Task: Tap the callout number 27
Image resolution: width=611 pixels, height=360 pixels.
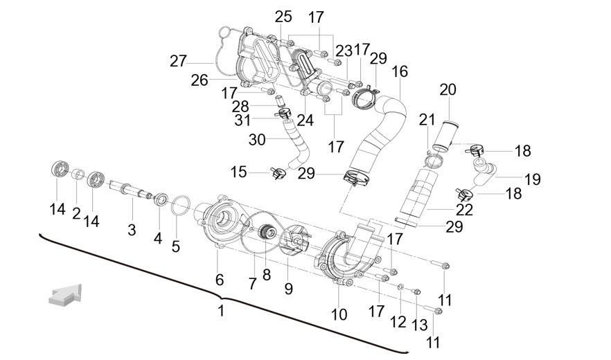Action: (x=178, y=61)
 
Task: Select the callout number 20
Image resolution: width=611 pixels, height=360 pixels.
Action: (x=448, y=89)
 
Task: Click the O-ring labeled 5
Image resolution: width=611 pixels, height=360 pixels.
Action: (x=180, y=204)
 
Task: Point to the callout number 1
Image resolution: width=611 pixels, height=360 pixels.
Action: (x=221, y=311)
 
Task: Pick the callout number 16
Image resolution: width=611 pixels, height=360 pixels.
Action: (x=400, y=72)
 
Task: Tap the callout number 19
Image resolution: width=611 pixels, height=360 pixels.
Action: (x=532, y=179)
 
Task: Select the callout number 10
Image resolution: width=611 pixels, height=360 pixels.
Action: (x=339, y=314)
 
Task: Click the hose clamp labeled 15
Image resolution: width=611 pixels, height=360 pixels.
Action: (x=277, y=171)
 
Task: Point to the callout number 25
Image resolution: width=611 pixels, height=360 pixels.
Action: (x=283, y=17)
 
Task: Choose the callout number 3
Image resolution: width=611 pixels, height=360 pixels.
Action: (x=132, y=230)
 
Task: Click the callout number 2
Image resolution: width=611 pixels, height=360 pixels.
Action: (x=76, y=213)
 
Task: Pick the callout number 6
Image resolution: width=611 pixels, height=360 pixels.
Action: (x=220, y=279)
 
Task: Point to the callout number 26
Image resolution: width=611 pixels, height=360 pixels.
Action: (x=200, y=80)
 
